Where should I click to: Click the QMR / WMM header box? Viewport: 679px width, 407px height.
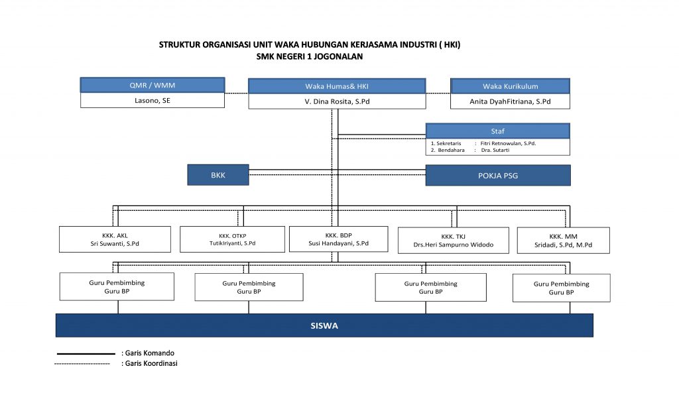pyautogui.click(x=153, y=85)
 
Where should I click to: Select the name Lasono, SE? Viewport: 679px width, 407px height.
pyautogui.click(x=153, y=101)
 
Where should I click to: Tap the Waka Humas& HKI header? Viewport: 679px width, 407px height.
pyautogui.click(x=337, y=86)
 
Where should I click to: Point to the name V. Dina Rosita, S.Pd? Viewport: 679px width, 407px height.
pyautogui.click(x=337, y=101)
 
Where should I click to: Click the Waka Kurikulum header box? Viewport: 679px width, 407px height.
pyautogui.click(x=510, y=86)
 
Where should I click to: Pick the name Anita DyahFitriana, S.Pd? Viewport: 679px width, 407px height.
pyautogui.click(x=510, y=101)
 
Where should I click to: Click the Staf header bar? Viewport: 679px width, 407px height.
pyautogui.click(x=497, y=131)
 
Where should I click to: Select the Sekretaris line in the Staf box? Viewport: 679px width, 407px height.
pyautogui.click(x=483, y=143)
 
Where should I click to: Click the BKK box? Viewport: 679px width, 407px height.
pyautogui.click(x=217, y=175)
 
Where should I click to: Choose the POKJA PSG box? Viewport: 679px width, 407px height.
pyautogui.click(x=498, y=176)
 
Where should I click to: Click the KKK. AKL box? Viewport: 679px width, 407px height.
pyautogui.click(x=115, y=239)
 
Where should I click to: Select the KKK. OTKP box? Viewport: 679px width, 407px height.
pyautogui.click(x=233, y=239)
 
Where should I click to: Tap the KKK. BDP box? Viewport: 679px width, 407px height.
pyautogui.click(x=339, y=239)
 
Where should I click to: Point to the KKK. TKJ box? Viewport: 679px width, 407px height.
pyautogui.click(x=454, y=241)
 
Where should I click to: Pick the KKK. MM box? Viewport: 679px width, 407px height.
pyautogui.click(x=564, y=241)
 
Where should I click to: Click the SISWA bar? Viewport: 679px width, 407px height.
pyautogui.click(x=324, y=325)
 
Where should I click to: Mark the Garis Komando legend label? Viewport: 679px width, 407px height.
pyautogui.click(x=148, y=353)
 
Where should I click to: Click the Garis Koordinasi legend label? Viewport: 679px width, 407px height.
pyautogui.click(x=149, y=364)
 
